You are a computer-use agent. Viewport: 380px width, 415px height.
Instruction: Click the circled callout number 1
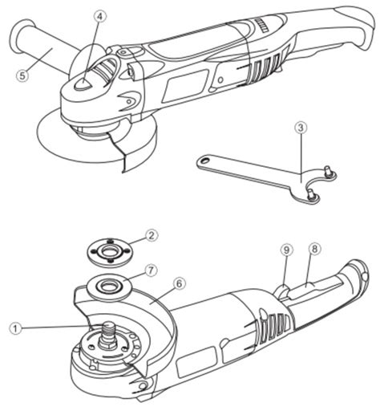pyautogui.click(x=15, y=328)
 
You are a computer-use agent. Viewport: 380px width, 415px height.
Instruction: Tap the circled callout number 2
pyautogui.click(x=152, y=235)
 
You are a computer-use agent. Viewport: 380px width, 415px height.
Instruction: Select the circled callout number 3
pyautogui.click(x=301, y=128)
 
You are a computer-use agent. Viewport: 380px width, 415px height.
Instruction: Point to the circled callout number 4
pyautogui.click(x=99, y=17)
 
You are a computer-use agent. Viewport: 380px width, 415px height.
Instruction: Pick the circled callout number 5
pyautogui.click(x=22, y=75)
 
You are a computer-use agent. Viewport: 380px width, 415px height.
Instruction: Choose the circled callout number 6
pyautogui.click(x=180, y=283)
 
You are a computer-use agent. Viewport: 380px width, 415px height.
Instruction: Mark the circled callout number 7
pyautogui.click(x=151, y=271)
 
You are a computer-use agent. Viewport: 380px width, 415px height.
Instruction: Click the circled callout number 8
pyautogui.click(x=314, y=249)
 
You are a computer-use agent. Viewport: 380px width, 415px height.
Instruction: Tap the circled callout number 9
pyautogui.click(x=286, y=250)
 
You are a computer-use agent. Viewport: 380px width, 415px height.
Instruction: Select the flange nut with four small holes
pyautogui.click(x=110, y=251)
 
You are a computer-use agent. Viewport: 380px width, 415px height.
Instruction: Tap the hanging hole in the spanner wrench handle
pyautogui.click(x=205, y=161)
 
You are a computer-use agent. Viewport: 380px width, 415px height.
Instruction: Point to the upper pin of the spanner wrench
pyautogui.click(x=327, y=170)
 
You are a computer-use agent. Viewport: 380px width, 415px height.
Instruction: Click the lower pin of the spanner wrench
pyautogui.click(x=311, y=193)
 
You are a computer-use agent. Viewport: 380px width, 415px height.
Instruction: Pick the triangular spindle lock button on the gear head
pyautogui.click(x=83, y=83)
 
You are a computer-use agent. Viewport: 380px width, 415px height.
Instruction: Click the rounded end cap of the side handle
pyautogui.click(x=17, y=34)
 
